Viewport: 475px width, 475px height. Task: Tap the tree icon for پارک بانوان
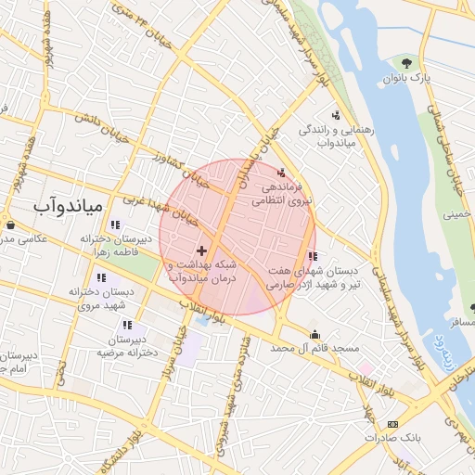click(x=406, y=63)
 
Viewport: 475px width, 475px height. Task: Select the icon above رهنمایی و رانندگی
click(x=336, y=116)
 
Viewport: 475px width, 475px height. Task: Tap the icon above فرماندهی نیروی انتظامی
click(x=282, y=172)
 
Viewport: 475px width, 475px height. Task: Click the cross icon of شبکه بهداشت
click(x=202, y=250)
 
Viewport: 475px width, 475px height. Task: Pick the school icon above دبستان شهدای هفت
click(x=313, y=256)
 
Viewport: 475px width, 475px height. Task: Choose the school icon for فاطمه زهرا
click(x=114, y=225)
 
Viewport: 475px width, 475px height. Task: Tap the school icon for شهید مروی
click(x=101, y=277)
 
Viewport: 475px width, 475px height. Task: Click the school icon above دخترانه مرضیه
click(x=127, y=325)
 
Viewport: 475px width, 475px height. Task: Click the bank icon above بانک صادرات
click(x=392, y=424)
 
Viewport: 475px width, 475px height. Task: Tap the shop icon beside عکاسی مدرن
click(x=9, y=225)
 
